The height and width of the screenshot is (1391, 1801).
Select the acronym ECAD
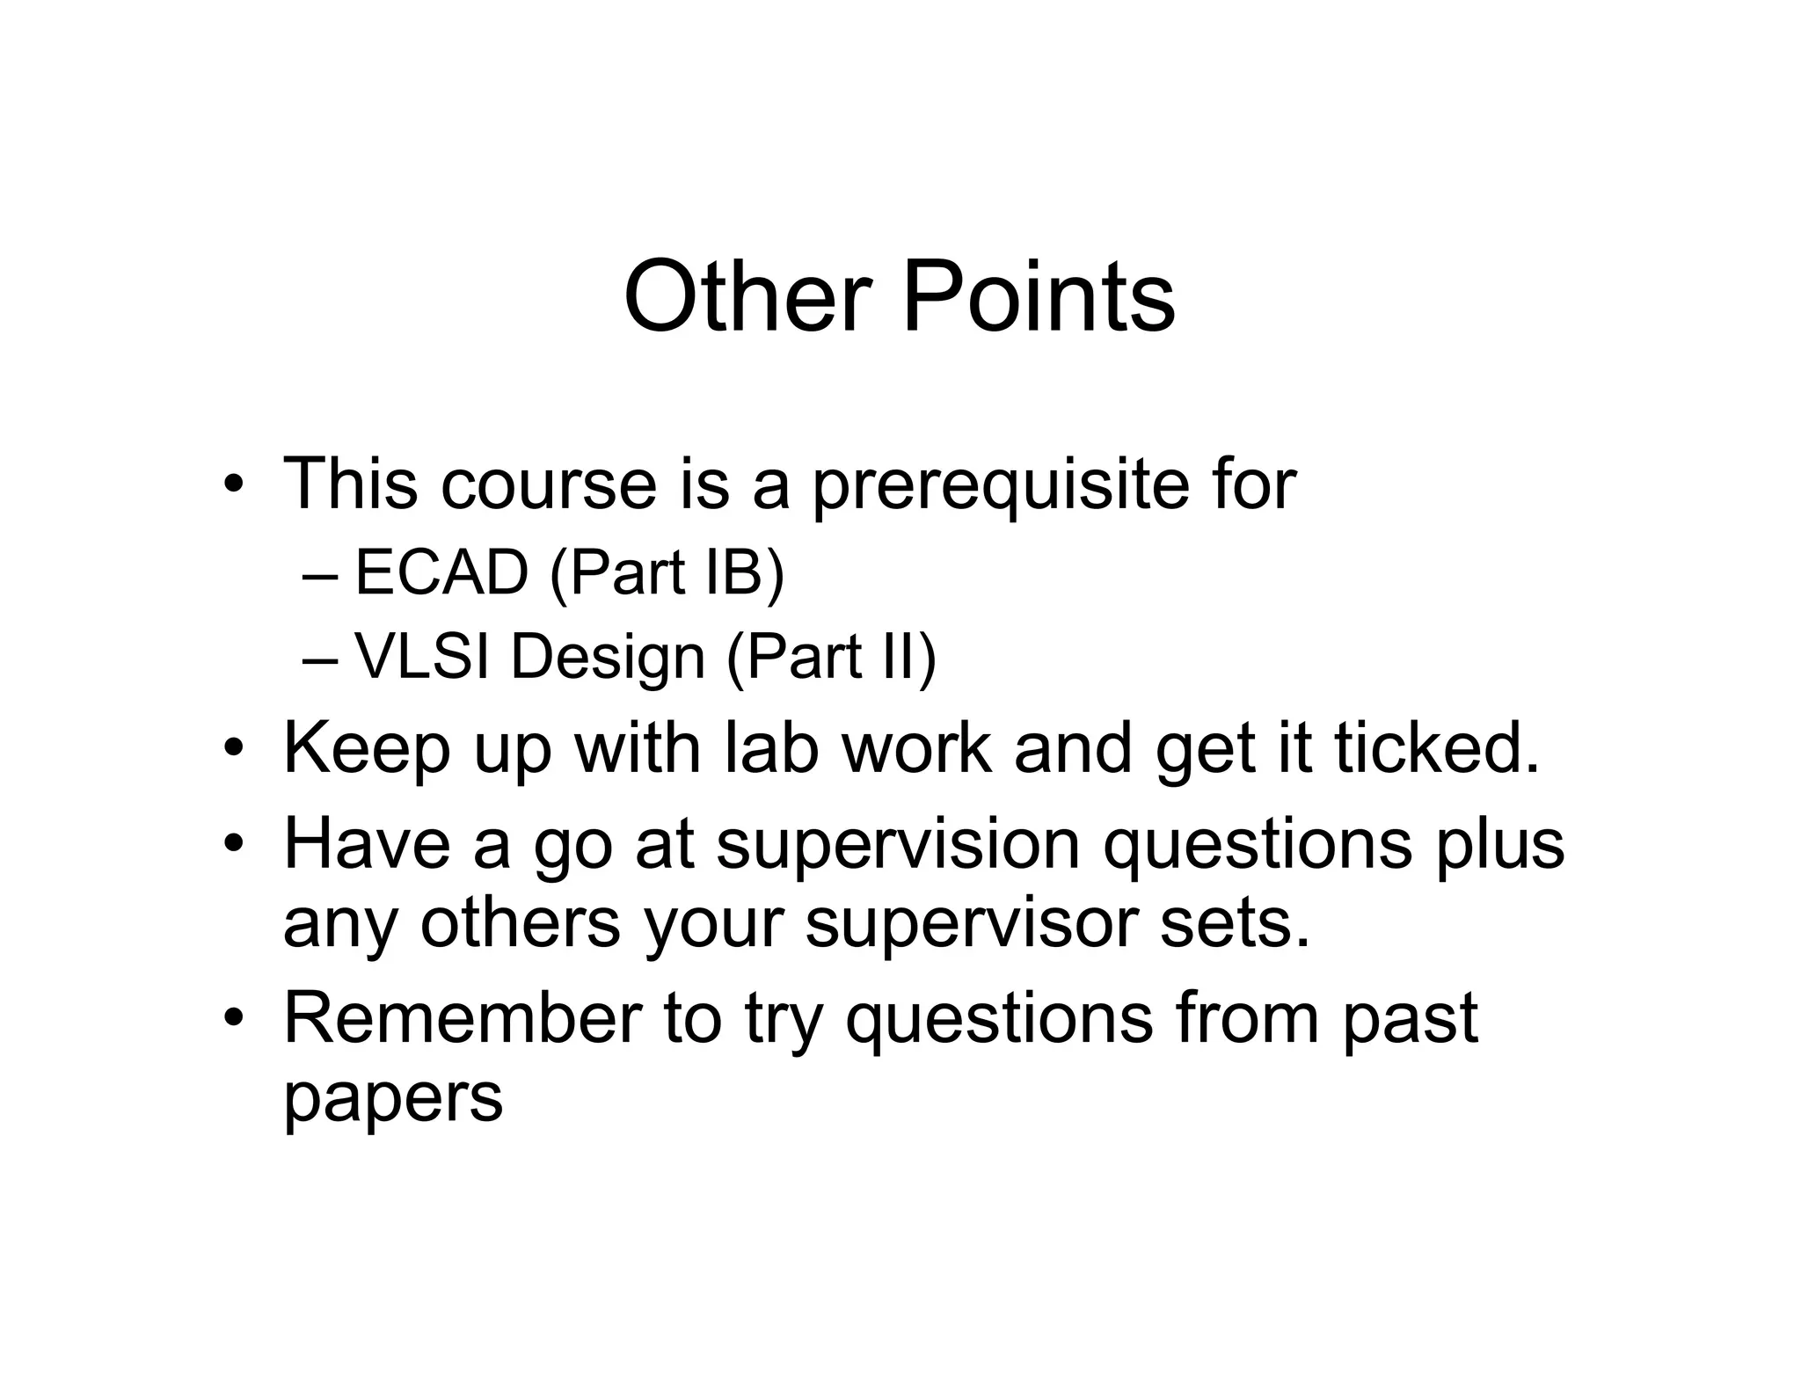[441, 573]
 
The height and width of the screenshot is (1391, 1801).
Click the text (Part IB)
[667, 573]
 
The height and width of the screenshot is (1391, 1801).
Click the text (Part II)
[832, 658]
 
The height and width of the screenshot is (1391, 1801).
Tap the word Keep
[367, 750]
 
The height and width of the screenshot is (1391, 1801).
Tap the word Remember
[463, 1018]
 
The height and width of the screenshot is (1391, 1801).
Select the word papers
[393, 1099]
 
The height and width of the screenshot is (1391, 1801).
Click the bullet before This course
[233, 486]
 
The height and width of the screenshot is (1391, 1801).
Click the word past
[1409, 1020]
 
